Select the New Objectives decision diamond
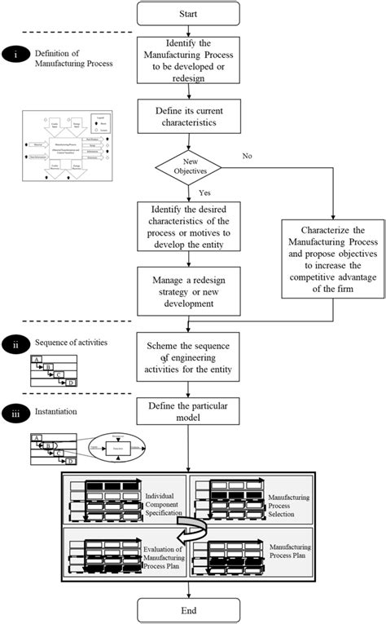(x=188, y=172)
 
